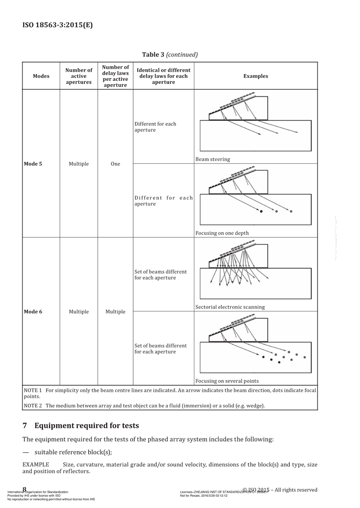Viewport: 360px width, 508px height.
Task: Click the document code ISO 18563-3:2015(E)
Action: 58,25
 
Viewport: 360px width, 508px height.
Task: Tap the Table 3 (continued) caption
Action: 170,55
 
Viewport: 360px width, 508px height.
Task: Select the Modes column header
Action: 41,76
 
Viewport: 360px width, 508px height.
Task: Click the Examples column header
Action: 255,76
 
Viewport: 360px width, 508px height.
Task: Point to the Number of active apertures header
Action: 79,76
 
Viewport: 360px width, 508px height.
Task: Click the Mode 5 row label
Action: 33,164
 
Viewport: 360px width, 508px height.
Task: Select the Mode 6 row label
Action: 33,312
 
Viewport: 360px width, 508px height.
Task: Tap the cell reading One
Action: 115,164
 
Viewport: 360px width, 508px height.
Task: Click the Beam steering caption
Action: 212,159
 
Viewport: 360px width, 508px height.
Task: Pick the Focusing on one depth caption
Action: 222,233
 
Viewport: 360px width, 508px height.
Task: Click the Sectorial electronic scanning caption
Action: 230,307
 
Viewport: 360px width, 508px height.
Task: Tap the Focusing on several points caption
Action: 227,381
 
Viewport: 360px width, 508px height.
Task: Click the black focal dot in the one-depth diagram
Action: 261,211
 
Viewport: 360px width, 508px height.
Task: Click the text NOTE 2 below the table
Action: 33,406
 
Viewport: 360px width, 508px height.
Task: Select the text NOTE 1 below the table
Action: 33,390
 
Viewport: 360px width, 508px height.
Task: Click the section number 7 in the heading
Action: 25,425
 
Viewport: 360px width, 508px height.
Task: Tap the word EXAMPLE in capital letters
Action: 36,463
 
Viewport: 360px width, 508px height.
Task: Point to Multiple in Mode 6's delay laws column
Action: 115,312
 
